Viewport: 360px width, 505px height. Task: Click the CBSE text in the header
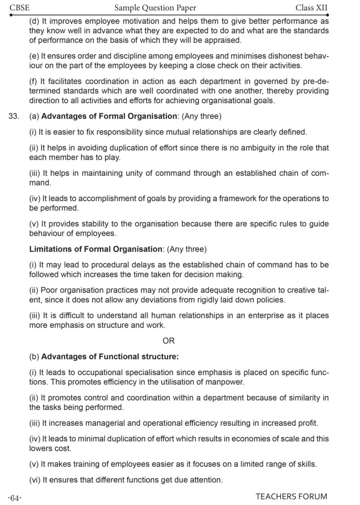tap(18, 8)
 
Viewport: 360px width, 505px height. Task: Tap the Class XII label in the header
tap(312, 8)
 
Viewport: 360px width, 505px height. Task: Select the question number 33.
tap(14, 117)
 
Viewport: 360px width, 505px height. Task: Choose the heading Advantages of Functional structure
tap(110, 356)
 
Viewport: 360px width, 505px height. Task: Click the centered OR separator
tap(169, 341)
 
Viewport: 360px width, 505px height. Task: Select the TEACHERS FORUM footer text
tap(291, 497)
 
